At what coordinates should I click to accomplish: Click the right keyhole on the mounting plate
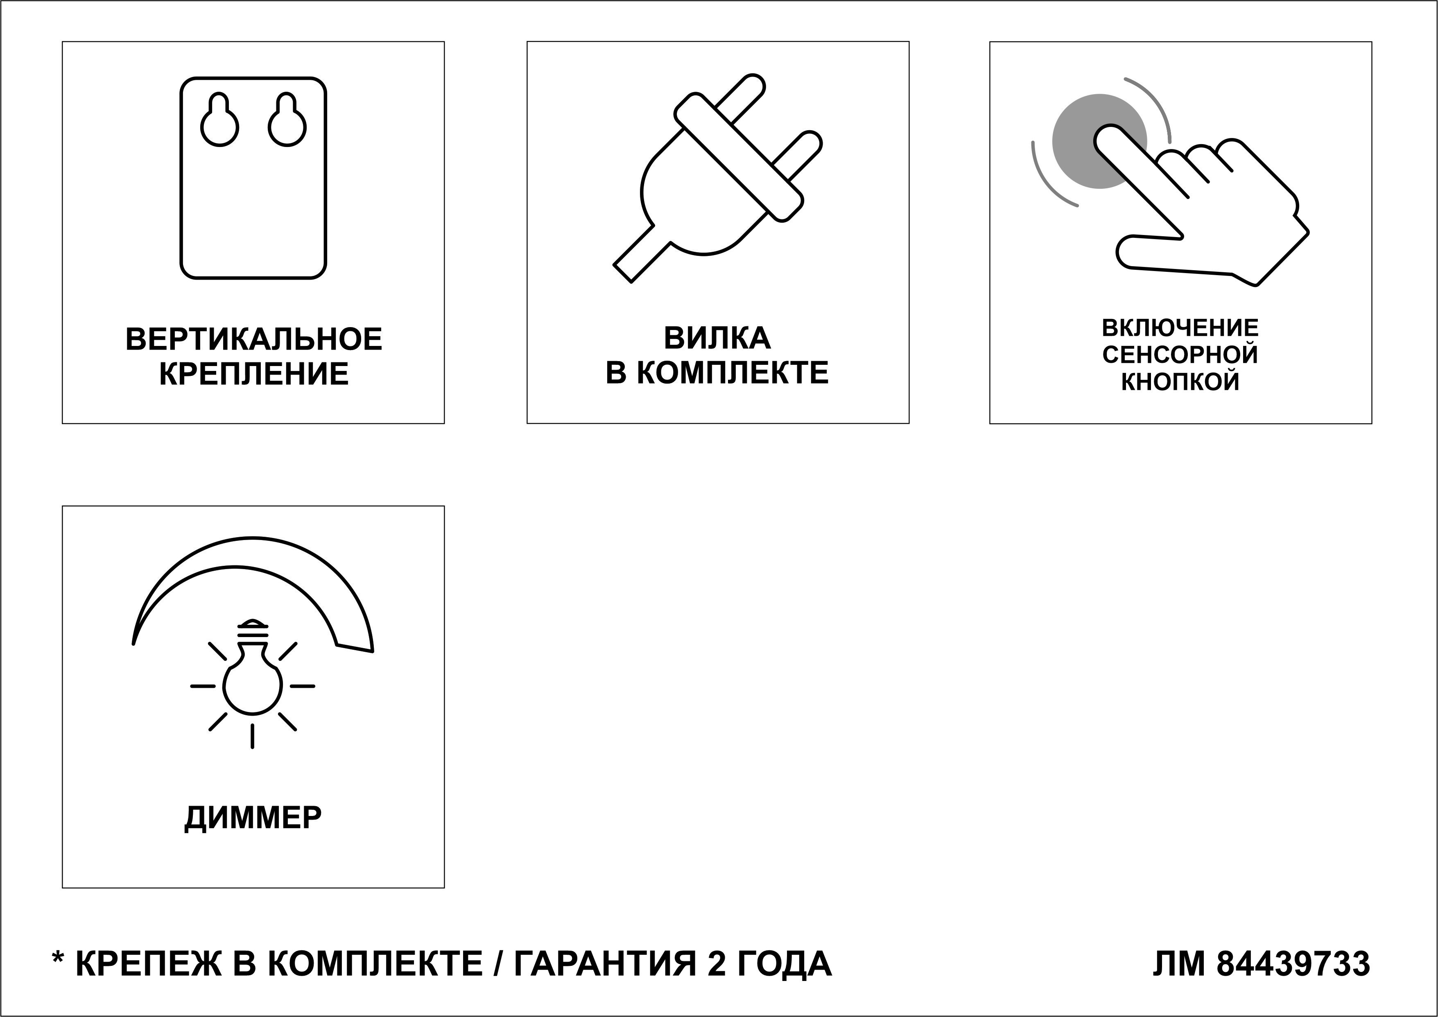coord(287,123)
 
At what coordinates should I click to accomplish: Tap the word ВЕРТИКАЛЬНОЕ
coord(253,339)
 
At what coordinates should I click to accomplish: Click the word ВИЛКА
coord(717,338)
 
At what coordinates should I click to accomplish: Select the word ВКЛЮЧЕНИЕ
coord(1180,328)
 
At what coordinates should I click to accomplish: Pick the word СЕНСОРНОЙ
coord(1180,355)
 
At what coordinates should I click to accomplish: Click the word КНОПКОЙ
coord(1180,382)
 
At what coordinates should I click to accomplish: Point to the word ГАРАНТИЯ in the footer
coord(604,965)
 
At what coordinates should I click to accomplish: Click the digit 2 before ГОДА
coord(716,965)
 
